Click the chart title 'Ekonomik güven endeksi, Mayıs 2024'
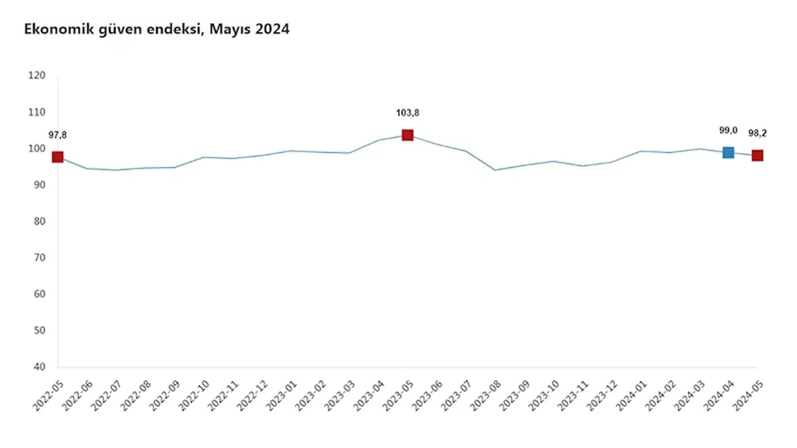(156, 29)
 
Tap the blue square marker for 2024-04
(728, 152)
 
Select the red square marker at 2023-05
(407, 135)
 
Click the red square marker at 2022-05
(58, 157)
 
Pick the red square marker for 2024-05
(757, 156)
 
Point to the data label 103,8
(407, 113)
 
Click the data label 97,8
(58, 135)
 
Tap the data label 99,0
(728, 130)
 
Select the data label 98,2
(757, 133)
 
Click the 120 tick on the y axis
(37, 75)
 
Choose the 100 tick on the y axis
(37, 148)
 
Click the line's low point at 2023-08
(495, 170)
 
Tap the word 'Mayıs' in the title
(231, 29)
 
